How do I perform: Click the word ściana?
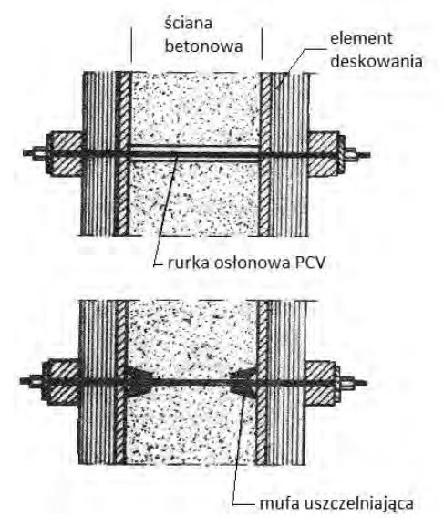click(189, 24)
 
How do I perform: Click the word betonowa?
click(203, 46)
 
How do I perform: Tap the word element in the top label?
click(361, 38)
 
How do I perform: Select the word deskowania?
click(377, 61)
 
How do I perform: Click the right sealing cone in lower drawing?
click(243, 383)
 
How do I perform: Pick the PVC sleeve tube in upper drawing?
click(194, 154)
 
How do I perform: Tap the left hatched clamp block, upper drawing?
click(66, 154)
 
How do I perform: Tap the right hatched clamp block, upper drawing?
click(323, 154)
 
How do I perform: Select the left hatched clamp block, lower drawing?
click(60, 382)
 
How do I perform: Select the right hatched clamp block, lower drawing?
click(320, 382)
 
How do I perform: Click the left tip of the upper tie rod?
click(25, 153)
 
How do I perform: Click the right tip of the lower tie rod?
click(367, 383)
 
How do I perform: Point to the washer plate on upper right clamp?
click(342, 154)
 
